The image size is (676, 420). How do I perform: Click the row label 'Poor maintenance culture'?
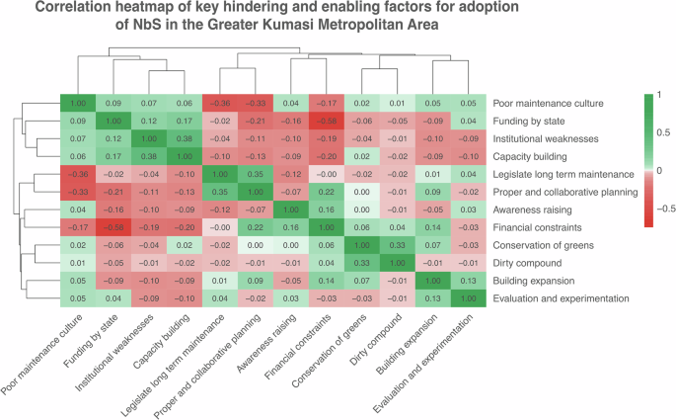[559, 103]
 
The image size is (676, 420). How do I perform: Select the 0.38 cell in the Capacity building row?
[150, 156]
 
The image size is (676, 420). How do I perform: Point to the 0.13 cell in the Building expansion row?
[472, 280]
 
